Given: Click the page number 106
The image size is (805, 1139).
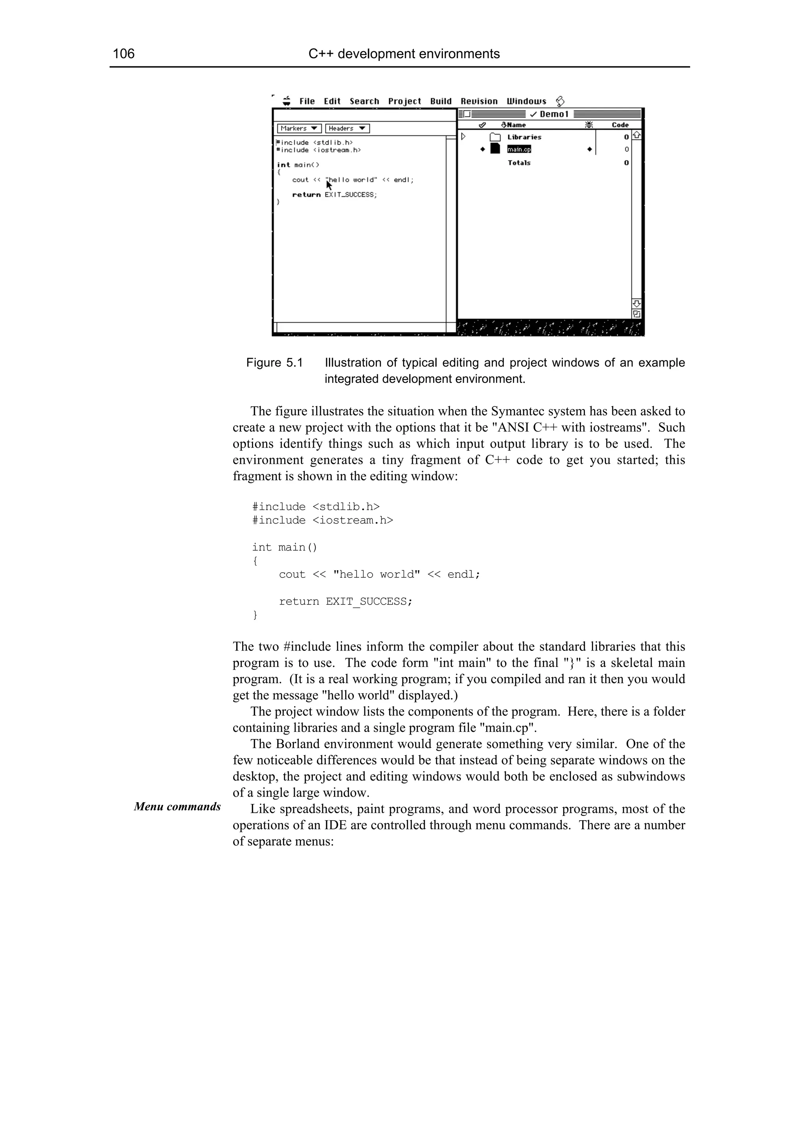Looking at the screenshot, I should [124, 53].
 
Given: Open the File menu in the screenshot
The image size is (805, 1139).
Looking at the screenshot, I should [307, 101].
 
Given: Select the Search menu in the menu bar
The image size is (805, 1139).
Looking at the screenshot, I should [364, 101].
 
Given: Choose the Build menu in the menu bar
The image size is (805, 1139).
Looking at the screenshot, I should [441, 101].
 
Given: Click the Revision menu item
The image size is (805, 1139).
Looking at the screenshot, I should [479, 101].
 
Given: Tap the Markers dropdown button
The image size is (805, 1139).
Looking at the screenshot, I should [299, 129].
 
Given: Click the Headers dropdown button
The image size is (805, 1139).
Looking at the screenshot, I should [347, 129].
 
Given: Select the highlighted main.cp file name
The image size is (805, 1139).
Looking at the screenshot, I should [519, 149].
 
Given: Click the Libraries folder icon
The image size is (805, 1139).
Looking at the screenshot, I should [495, 138].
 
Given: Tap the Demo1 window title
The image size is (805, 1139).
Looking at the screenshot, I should [553, 114].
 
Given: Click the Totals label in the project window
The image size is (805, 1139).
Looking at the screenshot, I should [519, 163].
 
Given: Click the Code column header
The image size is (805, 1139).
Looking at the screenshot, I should [619, 125].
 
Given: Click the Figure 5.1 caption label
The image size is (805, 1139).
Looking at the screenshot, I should [274, 363].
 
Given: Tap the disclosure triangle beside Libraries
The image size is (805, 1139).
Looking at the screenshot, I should [463, 136].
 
